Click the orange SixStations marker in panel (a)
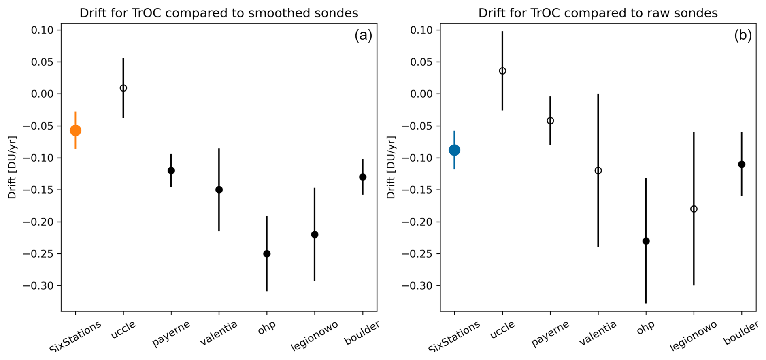coord(75,130)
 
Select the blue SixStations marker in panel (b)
coord(454,150)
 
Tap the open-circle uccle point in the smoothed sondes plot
coord(123,88)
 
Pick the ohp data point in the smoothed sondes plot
coord(267,254)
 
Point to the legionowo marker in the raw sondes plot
coord(694,209)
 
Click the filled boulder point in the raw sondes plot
coord(742,164)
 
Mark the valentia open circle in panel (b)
coord(598,170)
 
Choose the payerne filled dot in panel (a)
coord(171,170)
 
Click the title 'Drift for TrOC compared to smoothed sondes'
coord(219,13)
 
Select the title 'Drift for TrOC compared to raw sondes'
coord(598,13)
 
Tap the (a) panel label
coord(363,36)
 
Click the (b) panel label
coord(743,36)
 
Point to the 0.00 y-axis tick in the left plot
coord(43,94)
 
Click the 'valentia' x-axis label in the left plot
coord(219,333)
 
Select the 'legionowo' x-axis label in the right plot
coord(693,336)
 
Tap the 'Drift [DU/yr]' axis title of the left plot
coord(12,167)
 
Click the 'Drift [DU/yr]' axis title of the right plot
coord(391,167)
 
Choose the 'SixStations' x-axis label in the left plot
coord(75,337)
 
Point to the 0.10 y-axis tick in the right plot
coord(421,30)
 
